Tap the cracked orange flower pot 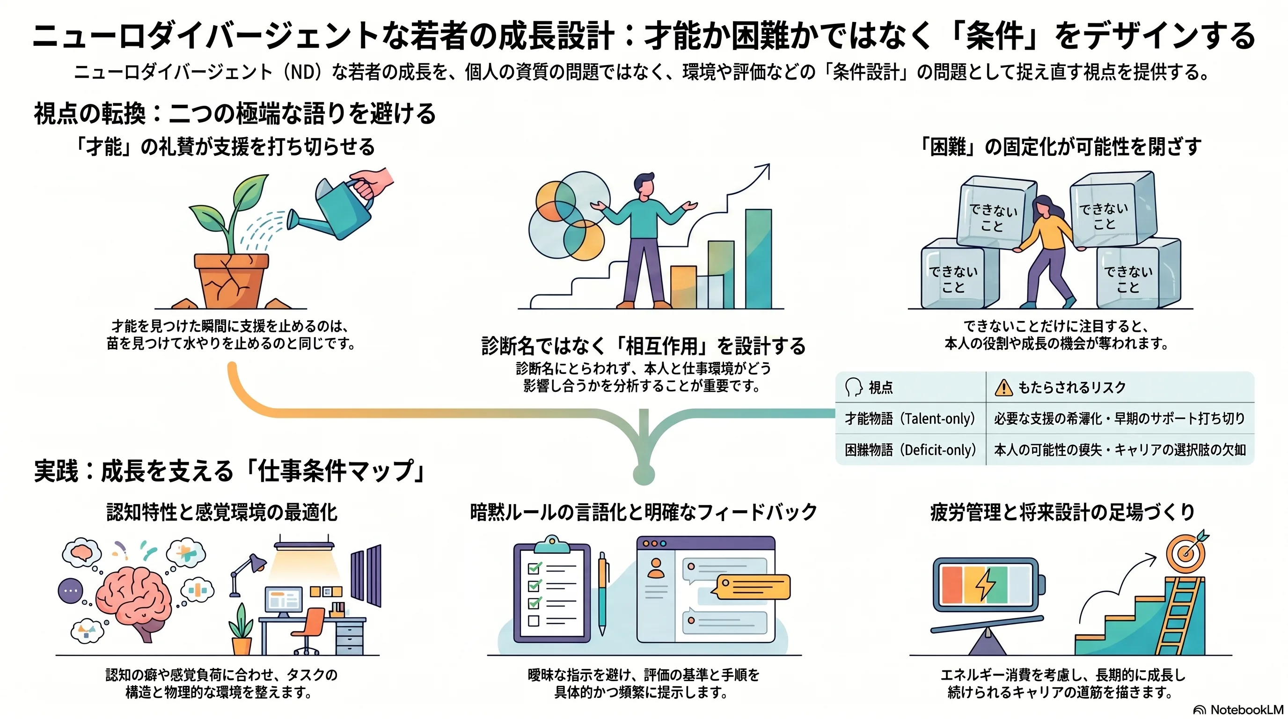click(232, 280)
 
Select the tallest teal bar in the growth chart click(759, 258)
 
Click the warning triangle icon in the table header click(1003, 388)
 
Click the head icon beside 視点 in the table click(854, 388)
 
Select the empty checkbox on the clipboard click(534, 621)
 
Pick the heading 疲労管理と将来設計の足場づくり click(1062, 513)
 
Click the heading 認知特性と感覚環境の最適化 click(222, 513)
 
